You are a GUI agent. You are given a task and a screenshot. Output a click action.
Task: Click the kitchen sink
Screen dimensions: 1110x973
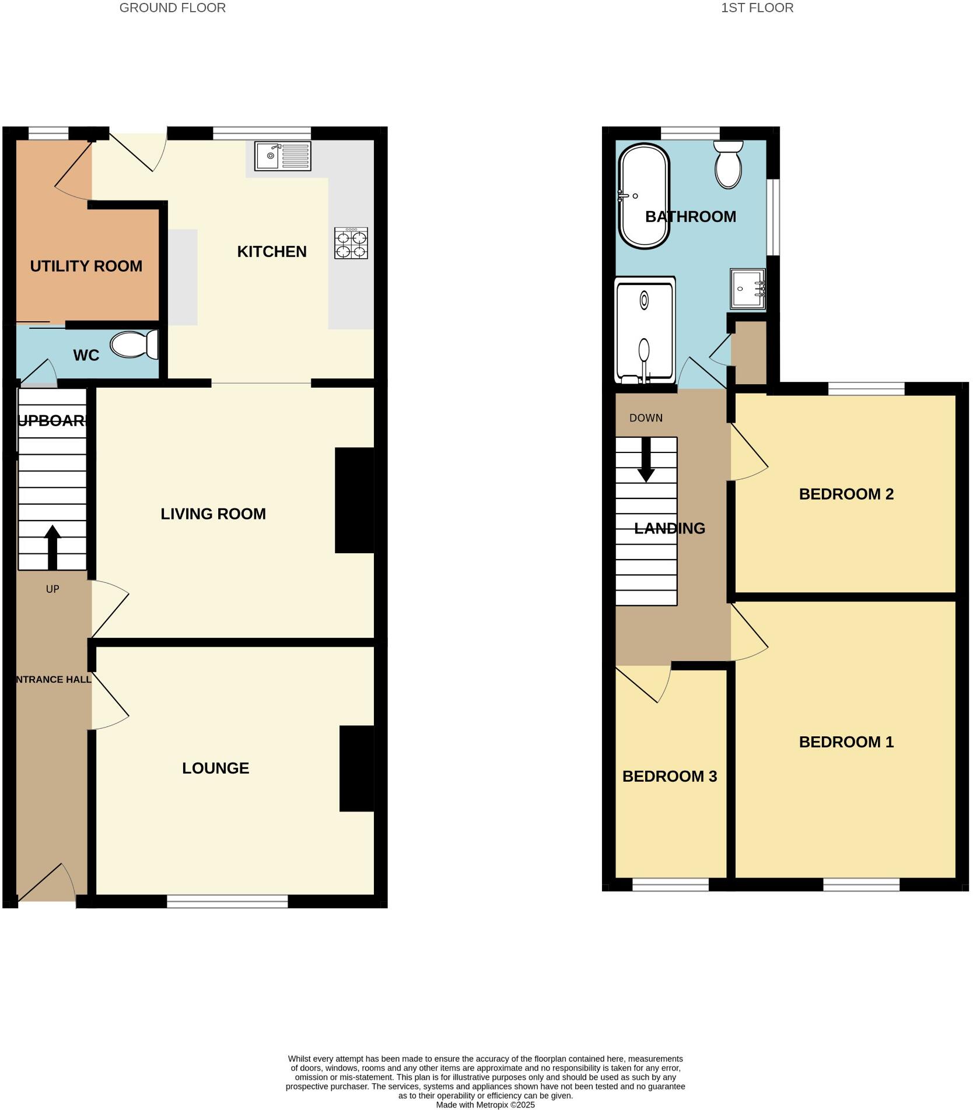tap(282, 156)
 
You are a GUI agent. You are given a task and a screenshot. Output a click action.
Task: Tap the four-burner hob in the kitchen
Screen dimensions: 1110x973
tap(351, 243)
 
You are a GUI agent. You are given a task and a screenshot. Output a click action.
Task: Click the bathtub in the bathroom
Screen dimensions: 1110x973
tap(643, 196)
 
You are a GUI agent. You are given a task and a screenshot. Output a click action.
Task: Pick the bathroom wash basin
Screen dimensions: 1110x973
tap(747, 289)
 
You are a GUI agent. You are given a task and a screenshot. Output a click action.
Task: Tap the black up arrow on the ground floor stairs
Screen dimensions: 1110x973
tap(52, 547)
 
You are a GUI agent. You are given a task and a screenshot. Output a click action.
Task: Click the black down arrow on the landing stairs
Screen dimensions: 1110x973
tap(646, 460)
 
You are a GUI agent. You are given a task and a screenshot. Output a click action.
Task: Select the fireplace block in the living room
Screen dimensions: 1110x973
tap(354, 500)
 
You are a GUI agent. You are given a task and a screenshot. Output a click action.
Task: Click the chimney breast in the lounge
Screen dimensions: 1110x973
tap(356, 768)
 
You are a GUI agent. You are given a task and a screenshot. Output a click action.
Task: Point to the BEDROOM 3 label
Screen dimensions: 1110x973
tap(669, 776)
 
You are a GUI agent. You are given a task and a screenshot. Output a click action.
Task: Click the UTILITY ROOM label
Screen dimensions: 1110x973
tap(86, 266)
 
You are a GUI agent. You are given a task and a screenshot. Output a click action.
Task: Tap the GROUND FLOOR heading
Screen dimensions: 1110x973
tap(172, 8)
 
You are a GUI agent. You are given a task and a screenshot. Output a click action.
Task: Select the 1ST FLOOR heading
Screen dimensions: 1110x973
tap(757, 8)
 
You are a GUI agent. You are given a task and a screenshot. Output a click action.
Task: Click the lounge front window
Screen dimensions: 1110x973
tap(228, 901)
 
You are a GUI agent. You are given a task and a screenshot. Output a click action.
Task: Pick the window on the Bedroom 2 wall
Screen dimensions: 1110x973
tap(866, 388)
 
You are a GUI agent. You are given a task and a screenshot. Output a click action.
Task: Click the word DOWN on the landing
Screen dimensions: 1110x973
tap(646, 418)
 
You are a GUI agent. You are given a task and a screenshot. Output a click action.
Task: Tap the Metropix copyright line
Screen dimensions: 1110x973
tap(485, 1104)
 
